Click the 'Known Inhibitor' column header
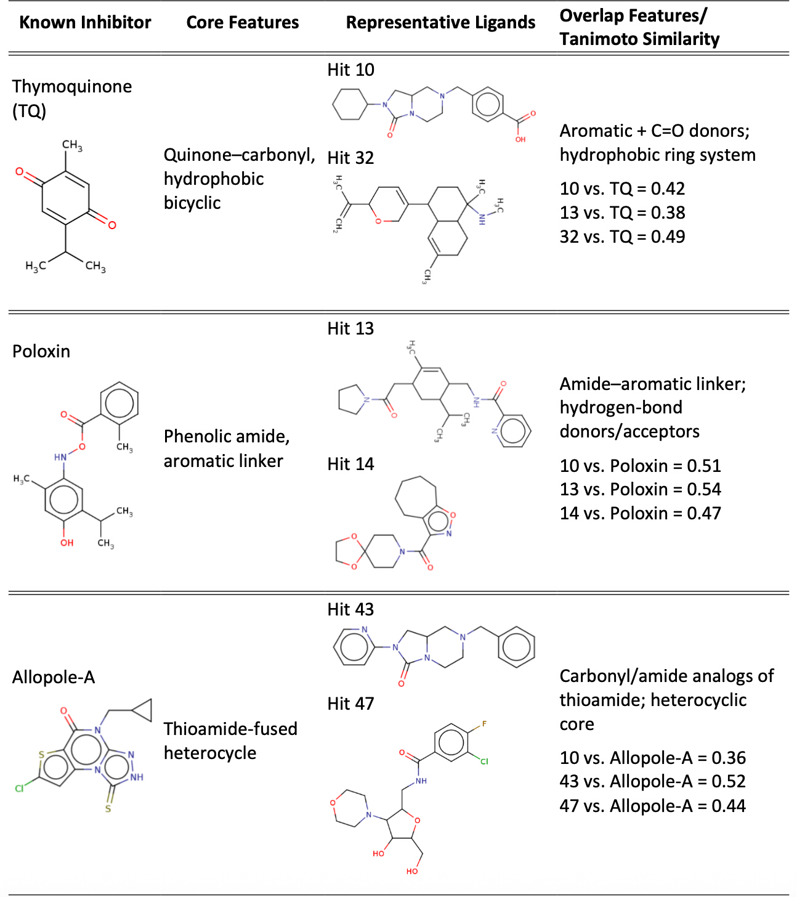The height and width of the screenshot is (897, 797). (85, 22)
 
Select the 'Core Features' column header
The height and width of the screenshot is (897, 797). (243, 22)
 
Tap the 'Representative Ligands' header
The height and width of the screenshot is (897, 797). (440, 22)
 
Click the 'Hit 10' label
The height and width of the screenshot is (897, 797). (350, 70)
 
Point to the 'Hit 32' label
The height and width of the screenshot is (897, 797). (350, 158)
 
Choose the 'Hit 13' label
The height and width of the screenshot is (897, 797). (350, 328)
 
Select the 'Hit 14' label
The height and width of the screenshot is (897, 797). (350, 464)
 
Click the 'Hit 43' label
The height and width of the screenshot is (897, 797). (350, 609)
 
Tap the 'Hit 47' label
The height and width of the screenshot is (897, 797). (350, 704)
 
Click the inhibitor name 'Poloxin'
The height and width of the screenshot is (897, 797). (41, 351)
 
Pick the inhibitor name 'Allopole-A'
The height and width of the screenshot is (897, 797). (54, 678)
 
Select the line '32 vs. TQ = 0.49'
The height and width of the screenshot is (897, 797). (622, 237)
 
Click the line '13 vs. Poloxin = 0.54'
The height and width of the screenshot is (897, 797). (641, 489)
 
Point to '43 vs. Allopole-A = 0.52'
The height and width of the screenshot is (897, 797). (653, 781)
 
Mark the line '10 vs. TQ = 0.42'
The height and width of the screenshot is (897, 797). (622, 189)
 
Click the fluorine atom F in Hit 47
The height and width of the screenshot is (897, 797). (484, 724)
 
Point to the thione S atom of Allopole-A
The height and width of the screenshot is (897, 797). (108, 809)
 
